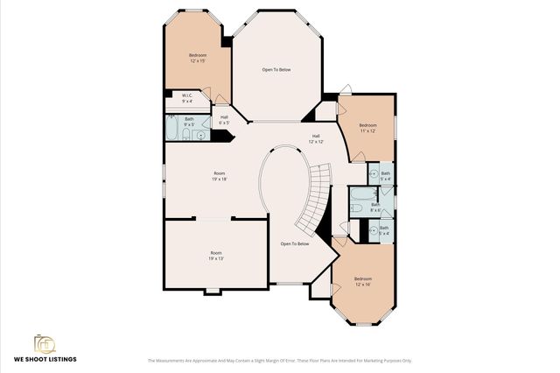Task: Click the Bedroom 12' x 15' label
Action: (x=197, y=59)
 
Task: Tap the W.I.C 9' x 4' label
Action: (x=187, y=98)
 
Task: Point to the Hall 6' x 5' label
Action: (x=224, y=120)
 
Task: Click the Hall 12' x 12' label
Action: (x=316, y=138)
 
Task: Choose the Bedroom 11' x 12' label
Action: (x=367, y=128)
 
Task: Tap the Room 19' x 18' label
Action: (x=218, y=176)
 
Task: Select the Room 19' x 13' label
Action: (x=215, y=256)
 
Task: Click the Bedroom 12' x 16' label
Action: (x=363, y=282)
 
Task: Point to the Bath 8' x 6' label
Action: (x=375, y=208)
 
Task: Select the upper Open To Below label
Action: (x=276, y=69)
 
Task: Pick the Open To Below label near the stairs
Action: (x=295, y=243)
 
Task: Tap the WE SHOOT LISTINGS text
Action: (x=45, y=359)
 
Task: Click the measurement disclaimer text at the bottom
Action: (x=279, y=360)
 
